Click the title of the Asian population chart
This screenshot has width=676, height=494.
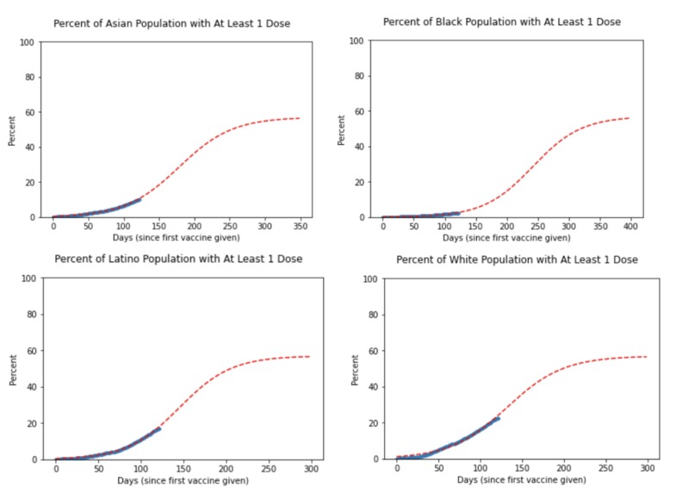(x=171, y=22)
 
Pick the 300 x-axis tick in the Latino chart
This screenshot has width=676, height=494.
(x=311, y=470)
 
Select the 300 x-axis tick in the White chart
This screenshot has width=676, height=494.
(x=647, y=470)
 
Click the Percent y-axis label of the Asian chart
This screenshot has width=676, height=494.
(x=12, y=129)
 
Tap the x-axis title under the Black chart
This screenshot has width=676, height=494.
(x=505, y=238)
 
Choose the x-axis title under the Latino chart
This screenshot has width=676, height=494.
(x=177, y=479)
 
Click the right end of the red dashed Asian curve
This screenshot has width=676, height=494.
(x=301, y=118)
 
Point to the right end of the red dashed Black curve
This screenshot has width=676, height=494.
(x=630, y=118)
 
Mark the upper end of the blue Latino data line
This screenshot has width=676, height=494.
(x=159, y=428)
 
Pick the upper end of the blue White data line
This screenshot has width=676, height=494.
(x=499, y=418)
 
